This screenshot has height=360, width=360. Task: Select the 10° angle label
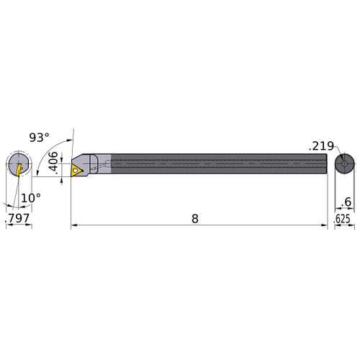click(30, 196)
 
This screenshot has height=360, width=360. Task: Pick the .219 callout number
click(321, 145)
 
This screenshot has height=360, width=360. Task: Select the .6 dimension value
click(348, 204)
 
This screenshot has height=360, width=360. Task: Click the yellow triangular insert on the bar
click(76, 170)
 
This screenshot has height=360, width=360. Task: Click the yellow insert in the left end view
click(18, 168)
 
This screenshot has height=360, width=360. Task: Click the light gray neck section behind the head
click(102, 166)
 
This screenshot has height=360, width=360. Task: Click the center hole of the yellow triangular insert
click(77, 170)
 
